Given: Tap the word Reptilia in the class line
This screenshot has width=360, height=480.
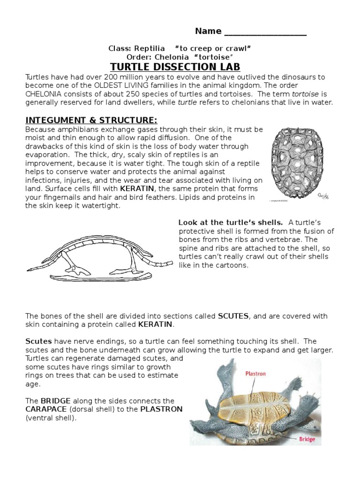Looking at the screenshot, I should click(x=150, y=48).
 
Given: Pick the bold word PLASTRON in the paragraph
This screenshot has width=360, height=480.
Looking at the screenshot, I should click(x=161, y=409).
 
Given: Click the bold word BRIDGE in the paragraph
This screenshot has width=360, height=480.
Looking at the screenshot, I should click(x=55, y=401).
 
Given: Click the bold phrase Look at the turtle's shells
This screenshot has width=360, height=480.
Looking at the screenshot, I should click(x=230, y=222).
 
